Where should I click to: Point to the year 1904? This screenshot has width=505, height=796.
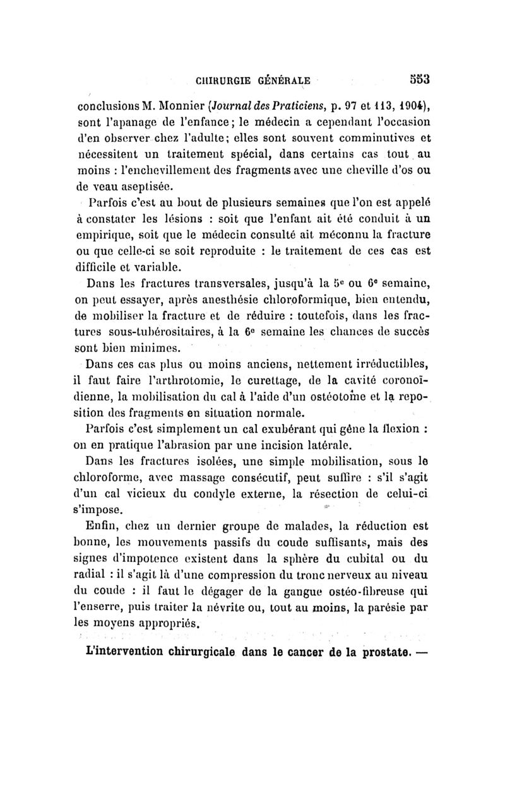(x=412, y=104)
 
